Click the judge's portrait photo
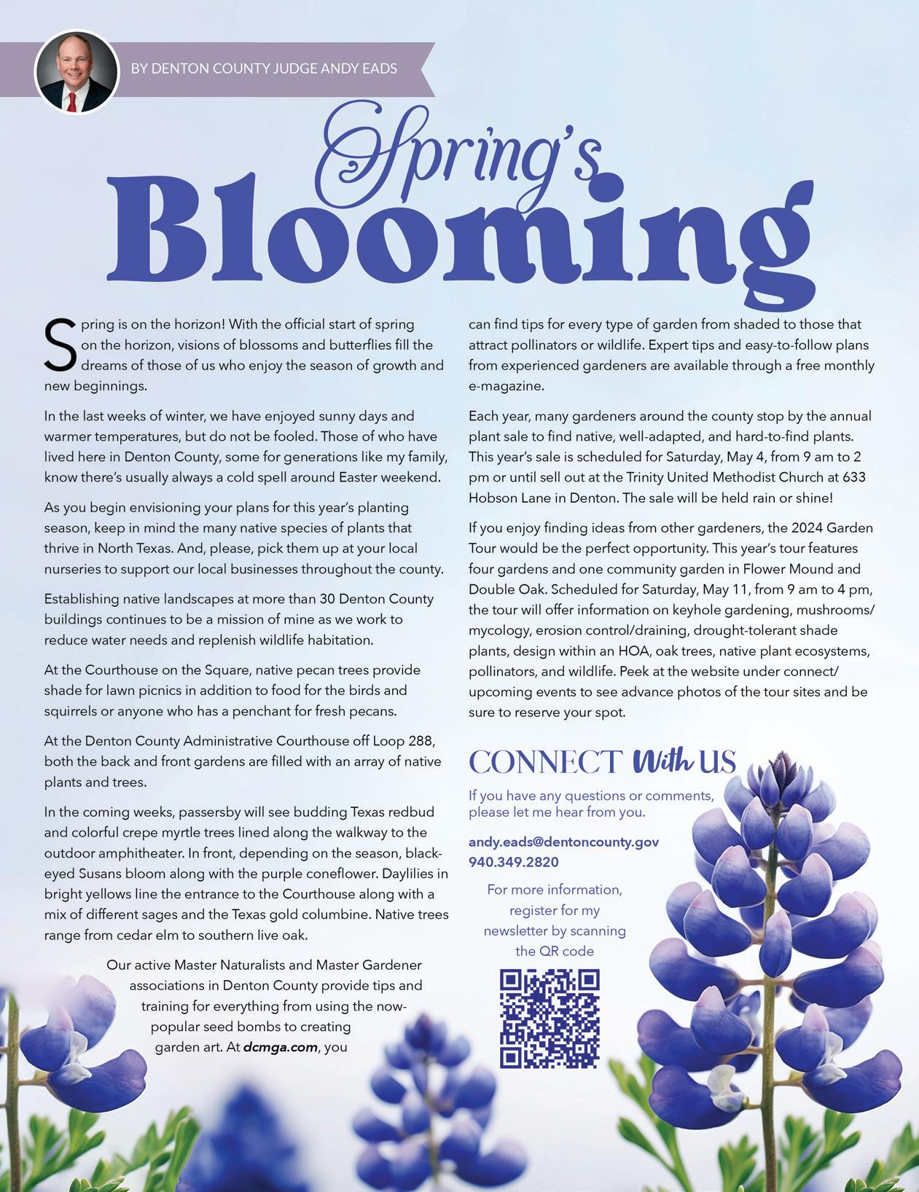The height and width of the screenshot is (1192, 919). (77, 71)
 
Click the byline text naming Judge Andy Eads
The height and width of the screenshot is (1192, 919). (264, 68)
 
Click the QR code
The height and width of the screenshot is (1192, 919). (550, 1019)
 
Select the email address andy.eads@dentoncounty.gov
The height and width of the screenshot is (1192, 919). (563, 842)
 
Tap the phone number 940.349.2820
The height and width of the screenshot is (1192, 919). (514, 862)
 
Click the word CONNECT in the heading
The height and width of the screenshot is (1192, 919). (545, 762)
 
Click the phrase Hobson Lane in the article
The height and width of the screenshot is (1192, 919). (504, 498)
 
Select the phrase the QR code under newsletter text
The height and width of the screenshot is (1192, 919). (555, 951)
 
